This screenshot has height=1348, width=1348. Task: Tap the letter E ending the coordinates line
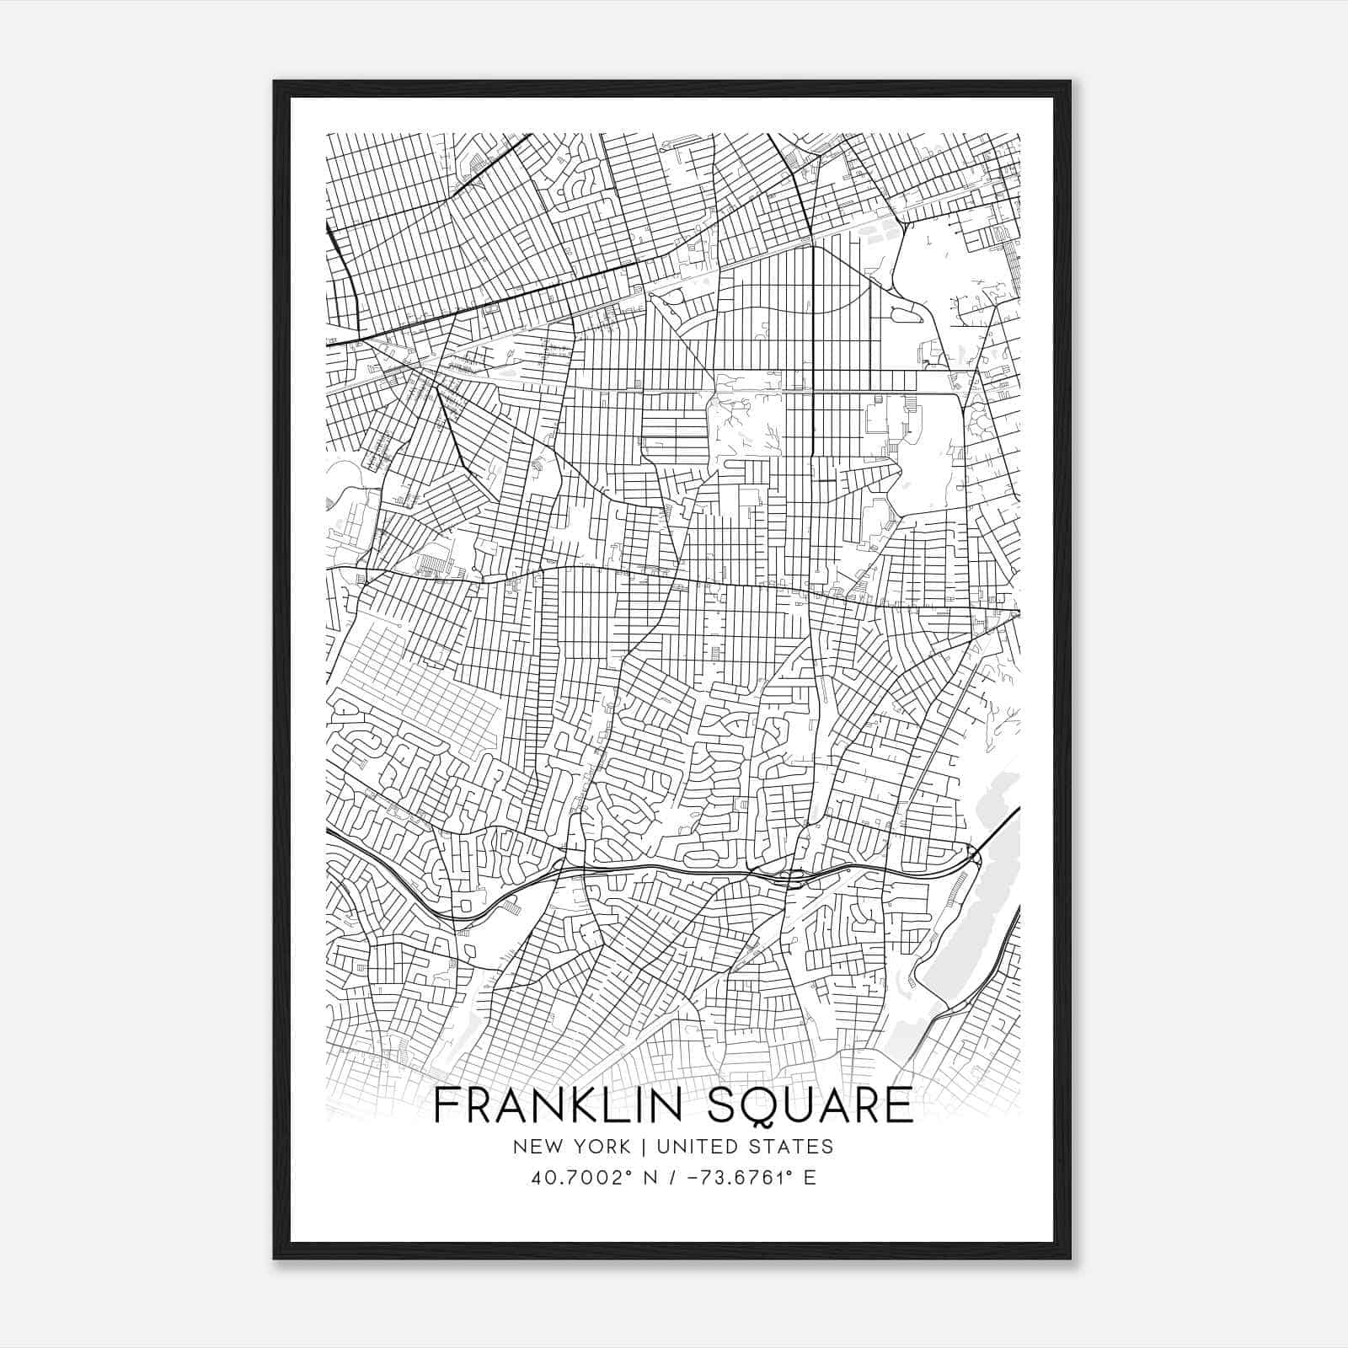click(810, 1177)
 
